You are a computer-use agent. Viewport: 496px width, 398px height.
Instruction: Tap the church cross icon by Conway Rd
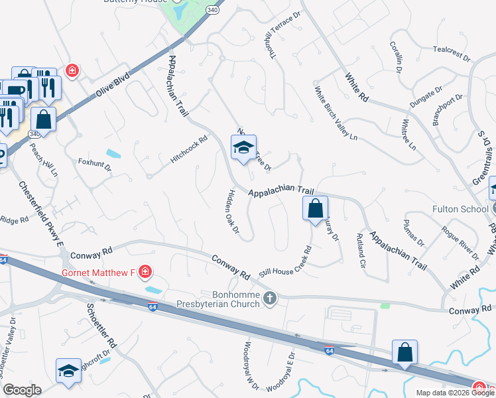[269, 299]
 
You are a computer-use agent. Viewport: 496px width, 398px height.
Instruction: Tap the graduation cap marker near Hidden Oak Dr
[243, 149]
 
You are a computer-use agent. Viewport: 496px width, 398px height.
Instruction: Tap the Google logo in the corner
[22, 390]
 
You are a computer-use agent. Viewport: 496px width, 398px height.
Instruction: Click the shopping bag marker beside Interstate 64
[404, 353]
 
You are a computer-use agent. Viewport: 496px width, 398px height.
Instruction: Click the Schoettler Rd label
[101, 327]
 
